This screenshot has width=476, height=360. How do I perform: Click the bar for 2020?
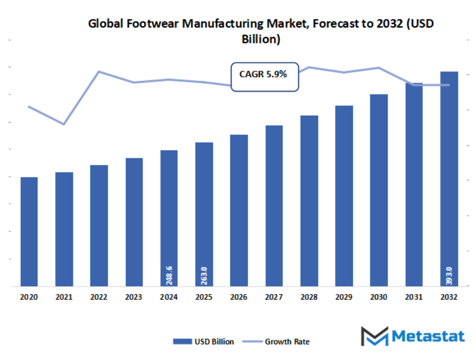(29, 232)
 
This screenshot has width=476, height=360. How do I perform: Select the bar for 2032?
(449, 179)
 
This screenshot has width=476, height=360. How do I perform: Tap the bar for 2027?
(274, 206)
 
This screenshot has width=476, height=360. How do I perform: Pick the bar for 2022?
(99, 226)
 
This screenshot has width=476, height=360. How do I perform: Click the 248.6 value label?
(169, 275)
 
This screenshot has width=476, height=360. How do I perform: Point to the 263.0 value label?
(204, 275)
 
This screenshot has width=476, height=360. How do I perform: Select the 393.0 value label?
(449, 275)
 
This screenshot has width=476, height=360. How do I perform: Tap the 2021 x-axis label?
(64, 298)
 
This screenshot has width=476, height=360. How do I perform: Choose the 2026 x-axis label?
(239, 298)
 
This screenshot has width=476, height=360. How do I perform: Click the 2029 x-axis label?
(344, 298)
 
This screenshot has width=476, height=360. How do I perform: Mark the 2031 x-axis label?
(414, 298)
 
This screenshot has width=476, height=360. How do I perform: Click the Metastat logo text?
(427, 336)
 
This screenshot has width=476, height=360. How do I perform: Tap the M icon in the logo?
(374, 337)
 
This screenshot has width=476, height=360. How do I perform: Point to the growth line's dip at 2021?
(64, 125)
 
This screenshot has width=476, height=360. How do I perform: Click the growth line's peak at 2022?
(99, 71)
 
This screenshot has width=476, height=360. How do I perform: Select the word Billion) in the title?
(261, 39)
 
